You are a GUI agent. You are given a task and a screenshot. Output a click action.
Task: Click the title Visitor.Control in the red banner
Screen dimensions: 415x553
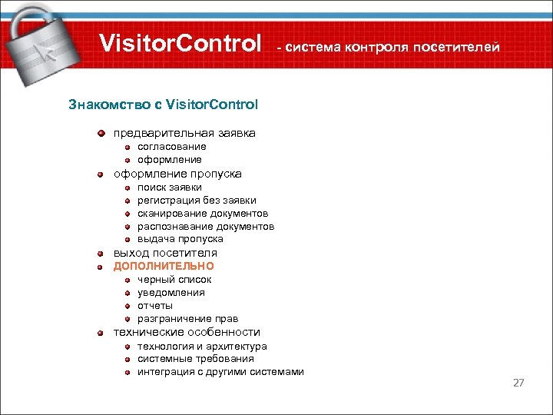coord(180,45)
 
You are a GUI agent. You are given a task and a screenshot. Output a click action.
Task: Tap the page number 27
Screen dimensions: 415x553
coord(518,382)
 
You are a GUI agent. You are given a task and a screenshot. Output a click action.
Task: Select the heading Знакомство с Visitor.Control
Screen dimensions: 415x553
coord(164,104)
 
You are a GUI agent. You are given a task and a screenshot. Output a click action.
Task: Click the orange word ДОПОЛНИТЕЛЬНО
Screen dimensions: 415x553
coord(164,267)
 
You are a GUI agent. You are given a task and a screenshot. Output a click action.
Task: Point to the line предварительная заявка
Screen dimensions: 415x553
coord(184,133)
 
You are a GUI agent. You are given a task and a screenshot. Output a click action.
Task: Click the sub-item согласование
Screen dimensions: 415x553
coord(171,147)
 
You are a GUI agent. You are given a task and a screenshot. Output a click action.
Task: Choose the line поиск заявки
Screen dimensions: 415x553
coord(170,187)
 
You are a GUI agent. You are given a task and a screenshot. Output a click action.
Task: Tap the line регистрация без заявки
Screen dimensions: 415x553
coord(197,200)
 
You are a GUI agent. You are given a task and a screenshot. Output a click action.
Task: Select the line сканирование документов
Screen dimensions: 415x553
coord(203,213)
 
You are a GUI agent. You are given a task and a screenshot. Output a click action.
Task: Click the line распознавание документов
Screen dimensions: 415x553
coord(206,226)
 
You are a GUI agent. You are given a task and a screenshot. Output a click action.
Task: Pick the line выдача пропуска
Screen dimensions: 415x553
coord(180,239)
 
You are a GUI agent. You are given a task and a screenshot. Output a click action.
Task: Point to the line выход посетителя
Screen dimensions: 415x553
coord(165,253)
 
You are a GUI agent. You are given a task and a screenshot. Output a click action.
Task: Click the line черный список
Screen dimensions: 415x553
coord(174,280)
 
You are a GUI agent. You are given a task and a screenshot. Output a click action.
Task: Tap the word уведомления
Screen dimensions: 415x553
coord(171,293)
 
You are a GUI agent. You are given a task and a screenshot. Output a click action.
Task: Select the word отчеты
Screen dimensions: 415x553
coord(155,306)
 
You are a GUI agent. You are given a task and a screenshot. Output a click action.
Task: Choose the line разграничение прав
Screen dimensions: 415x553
coord(187,319)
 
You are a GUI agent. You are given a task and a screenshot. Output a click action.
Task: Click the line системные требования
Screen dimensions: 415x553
coord(195,359)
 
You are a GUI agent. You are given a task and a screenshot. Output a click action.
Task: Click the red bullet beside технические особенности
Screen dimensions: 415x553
coord(101,333)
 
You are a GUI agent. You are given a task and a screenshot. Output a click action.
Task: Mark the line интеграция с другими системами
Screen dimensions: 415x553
coord(220,372)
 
